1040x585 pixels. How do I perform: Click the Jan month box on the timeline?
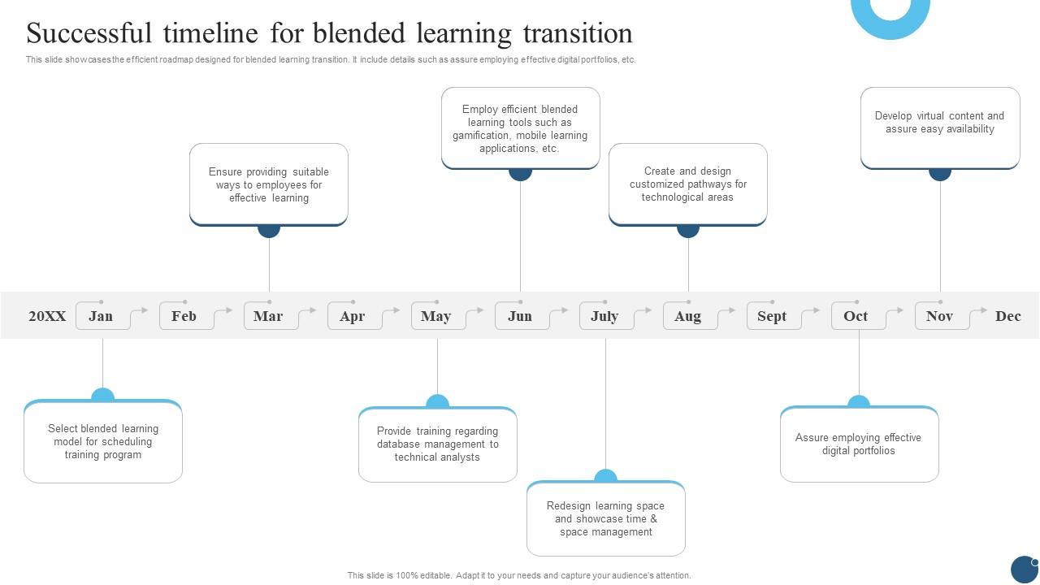tap(101, 316)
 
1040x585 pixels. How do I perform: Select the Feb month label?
tap(184, 316)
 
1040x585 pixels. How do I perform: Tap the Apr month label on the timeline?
tap(352, 316)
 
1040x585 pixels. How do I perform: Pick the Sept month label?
tap(772, 316)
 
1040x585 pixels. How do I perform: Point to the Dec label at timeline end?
tap(1007, 316)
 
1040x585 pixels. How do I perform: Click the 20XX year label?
tap(47, 316)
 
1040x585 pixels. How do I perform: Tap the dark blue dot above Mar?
tap(269, 228)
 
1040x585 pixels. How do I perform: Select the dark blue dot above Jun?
tap(520, 171)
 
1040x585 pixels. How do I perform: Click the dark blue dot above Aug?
tap(688, 228)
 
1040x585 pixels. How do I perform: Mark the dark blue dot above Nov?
tap(940, 171)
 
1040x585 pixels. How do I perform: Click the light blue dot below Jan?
tap(102, 396)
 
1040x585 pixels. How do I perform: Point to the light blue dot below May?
tap(437, 403)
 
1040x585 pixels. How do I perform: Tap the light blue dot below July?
tap(605, 477)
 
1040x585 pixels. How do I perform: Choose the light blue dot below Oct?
tap(859, 403)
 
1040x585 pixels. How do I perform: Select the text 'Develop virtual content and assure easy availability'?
tap(939, 123)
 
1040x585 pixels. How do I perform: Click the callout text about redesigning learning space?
tap(605, 519)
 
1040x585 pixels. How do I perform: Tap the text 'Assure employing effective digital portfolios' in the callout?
tap(858, 444)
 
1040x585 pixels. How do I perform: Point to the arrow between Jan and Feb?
tap(140, 312)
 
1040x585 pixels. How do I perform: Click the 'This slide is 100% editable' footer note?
tap(519, 575)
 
